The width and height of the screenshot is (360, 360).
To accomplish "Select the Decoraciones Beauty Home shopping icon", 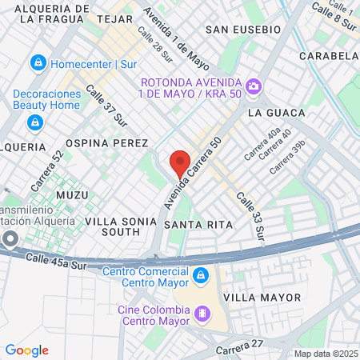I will pos(34,122).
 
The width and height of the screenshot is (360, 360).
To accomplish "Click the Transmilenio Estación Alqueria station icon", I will pos(10,238).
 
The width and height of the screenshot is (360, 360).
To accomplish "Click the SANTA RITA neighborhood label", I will pos(198,225).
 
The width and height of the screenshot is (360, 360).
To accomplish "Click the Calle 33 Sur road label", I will pos(250,215).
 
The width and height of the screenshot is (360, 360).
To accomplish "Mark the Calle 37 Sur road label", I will pos(106,106).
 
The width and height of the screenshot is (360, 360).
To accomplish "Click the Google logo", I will pos(26,350).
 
